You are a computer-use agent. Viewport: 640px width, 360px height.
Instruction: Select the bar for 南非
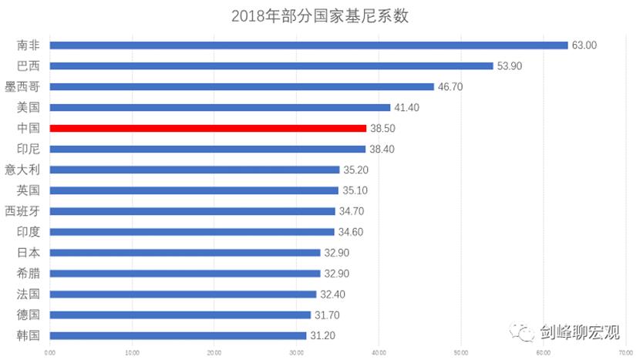point(308,45)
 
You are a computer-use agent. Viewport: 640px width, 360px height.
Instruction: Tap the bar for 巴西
point(271,66)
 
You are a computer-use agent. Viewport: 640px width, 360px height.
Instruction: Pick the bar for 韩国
point(177,335)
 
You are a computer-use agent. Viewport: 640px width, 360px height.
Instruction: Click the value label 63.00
point(584,45)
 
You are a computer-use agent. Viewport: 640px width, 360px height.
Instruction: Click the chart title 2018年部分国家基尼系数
point(319,16)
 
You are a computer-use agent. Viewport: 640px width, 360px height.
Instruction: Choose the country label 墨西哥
point(22,87)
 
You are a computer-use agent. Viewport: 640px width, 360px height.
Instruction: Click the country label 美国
point(28,108)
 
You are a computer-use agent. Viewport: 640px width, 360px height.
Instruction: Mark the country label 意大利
point(22,170)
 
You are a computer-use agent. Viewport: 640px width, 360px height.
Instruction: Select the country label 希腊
point(28,273)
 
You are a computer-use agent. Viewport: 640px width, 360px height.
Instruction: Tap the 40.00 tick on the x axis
point(379,353)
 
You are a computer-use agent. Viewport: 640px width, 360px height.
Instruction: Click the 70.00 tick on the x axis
point(625,353)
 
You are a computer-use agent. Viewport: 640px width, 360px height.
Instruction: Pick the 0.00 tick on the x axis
point(50,353)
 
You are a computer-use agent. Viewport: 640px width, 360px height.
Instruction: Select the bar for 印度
point(192,231)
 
